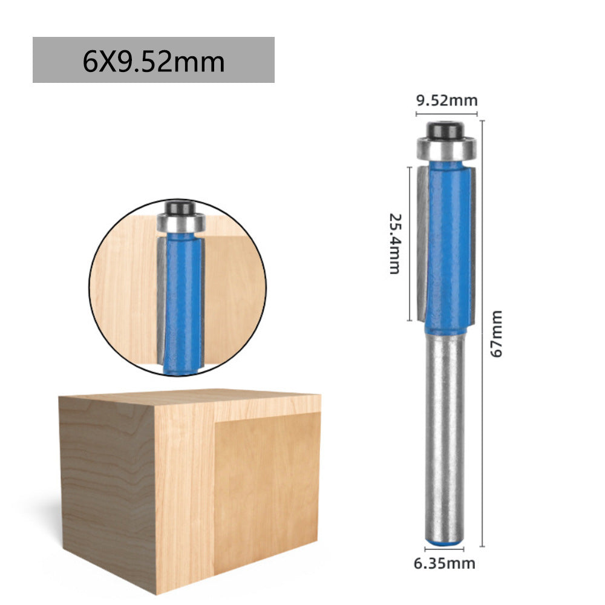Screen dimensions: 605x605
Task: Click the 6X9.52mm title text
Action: [154, 62]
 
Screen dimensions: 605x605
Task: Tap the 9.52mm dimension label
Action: [446, 100]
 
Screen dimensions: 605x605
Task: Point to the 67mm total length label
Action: [496, 333]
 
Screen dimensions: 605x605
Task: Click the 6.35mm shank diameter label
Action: [445, 564]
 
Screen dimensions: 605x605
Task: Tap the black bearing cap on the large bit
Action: [446, 129]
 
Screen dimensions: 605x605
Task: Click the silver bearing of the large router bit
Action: [446, 148]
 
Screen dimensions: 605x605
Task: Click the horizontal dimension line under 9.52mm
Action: [446, 113]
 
